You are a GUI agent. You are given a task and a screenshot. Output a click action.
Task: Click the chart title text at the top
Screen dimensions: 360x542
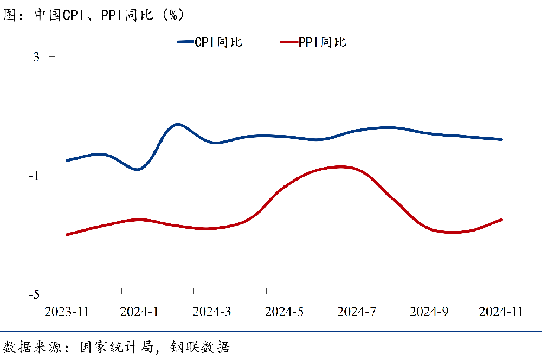[x=95, y=15]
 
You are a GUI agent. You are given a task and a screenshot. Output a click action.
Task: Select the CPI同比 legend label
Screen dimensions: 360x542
[x=218, y=42]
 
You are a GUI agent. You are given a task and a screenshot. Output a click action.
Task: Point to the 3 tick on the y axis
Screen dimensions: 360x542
[x=36, y=57]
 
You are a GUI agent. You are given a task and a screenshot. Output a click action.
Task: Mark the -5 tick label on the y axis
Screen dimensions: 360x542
[x=34, y=294]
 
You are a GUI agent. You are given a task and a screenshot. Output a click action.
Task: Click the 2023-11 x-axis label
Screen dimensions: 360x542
[x=67, y=312]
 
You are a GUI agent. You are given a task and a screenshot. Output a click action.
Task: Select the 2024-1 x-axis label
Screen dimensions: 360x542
[x=139, y=312]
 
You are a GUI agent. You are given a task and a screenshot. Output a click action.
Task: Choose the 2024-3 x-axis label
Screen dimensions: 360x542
[x=212, y=312]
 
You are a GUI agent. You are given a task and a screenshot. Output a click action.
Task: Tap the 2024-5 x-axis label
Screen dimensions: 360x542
[x=284, y=312]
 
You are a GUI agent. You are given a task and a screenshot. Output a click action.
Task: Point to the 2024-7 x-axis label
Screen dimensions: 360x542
[x=357, y=312]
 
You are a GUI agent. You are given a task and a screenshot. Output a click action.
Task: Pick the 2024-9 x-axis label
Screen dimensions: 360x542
[x=429, y=312]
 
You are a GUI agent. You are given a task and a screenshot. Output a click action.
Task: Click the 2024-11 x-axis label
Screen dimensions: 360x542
[x=501, y=312]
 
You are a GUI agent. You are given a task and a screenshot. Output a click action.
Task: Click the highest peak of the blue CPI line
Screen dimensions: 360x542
[x=177, y=124]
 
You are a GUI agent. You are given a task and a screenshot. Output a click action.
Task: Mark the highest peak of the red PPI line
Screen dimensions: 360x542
[x=340, y=166]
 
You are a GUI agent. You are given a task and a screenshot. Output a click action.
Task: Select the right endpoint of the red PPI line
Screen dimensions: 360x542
[x=501, y=220]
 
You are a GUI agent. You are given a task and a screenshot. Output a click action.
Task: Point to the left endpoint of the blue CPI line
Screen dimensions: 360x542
[x=67, y=160]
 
